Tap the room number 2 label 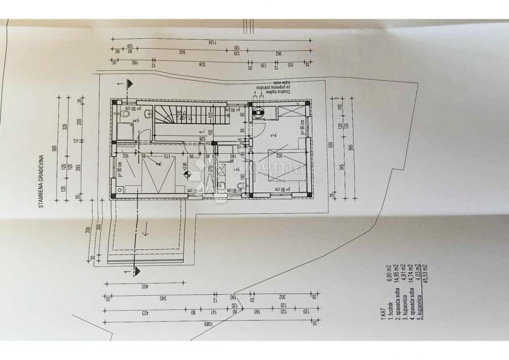pyautogui.click(x=273, y=135)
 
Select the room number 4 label pyautogui.click(x=159, y=163)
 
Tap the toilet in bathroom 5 pyautogui.click(x=126, y=114)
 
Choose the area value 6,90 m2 pyautogui.click(x=389, y=276)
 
